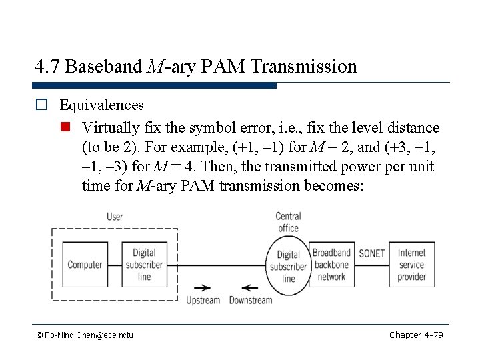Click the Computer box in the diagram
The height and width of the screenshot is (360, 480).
pyautogui.click(x=85, y=265)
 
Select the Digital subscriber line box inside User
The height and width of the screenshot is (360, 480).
pyautogui.click(x=143, y=265)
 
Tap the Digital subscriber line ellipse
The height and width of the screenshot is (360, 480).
pyautogui.click(x=288, y=265)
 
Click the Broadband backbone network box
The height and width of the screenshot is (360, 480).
pyautogui.click(x=331, y=265)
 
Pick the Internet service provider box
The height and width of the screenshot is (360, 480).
pyautogui.click(x=411, y=265)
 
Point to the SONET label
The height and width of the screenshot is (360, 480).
pyautogui.click(x=371, y=253)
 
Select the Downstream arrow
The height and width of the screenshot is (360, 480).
pyautogui.click(x=250, y=288)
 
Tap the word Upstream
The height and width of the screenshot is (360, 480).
pyautogui.click(x=203, y=300)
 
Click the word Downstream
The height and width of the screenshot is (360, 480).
pyautogui.click(x=251, y=300)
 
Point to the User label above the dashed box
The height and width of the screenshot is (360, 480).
pyautogui.click(x=115, y=216)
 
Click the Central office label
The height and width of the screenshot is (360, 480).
pyautogui.click(x=288, y=222)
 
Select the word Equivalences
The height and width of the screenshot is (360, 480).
pyautogui.click(x=101, y=105)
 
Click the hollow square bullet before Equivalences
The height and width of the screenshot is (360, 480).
pyautogui.click(x=41, y=105)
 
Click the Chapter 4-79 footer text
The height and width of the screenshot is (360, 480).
pyautogui.click(x=416, y=335)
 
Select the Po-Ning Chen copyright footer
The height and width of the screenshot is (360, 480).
pyautogui.click(x=85, y=335)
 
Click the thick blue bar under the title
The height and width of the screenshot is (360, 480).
pyautogui.click(x=154, y=85)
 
